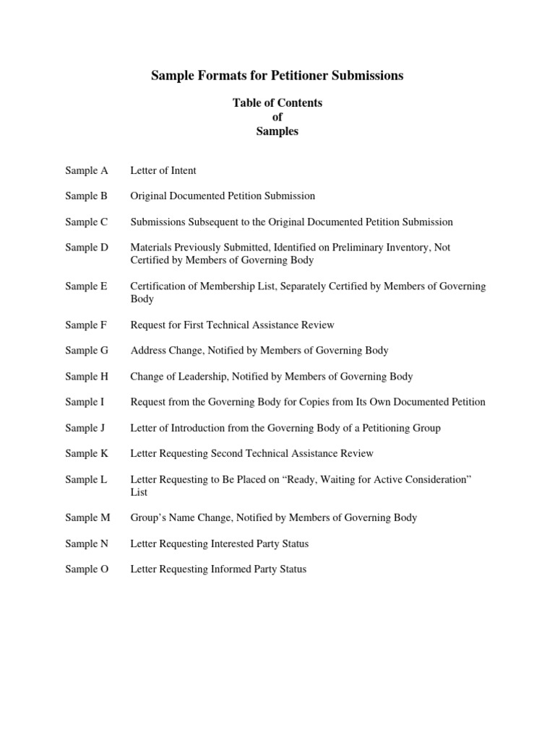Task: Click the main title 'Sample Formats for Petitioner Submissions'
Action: point(277,76)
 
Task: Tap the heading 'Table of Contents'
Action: point(277,103)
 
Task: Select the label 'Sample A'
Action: point(86,170)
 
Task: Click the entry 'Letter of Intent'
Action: point(163,170)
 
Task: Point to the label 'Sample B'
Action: point(86,196)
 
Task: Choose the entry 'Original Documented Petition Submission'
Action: point(223,196)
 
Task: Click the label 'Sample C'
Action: point(86,222)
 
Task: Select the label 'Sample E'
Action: point(86,287)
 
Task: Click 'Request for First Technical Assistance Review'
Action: point(232,325)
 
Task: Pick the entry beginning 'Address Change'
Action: point(259,351)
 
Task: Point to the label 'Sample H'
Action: point(86,376)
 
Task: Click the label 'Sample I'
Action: point(85,402)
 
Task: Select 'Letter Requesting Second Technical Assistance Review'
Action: point(251,453)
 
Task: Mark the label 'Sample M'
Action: point(87,517)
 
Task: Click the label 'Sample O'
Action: point(87,569)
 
